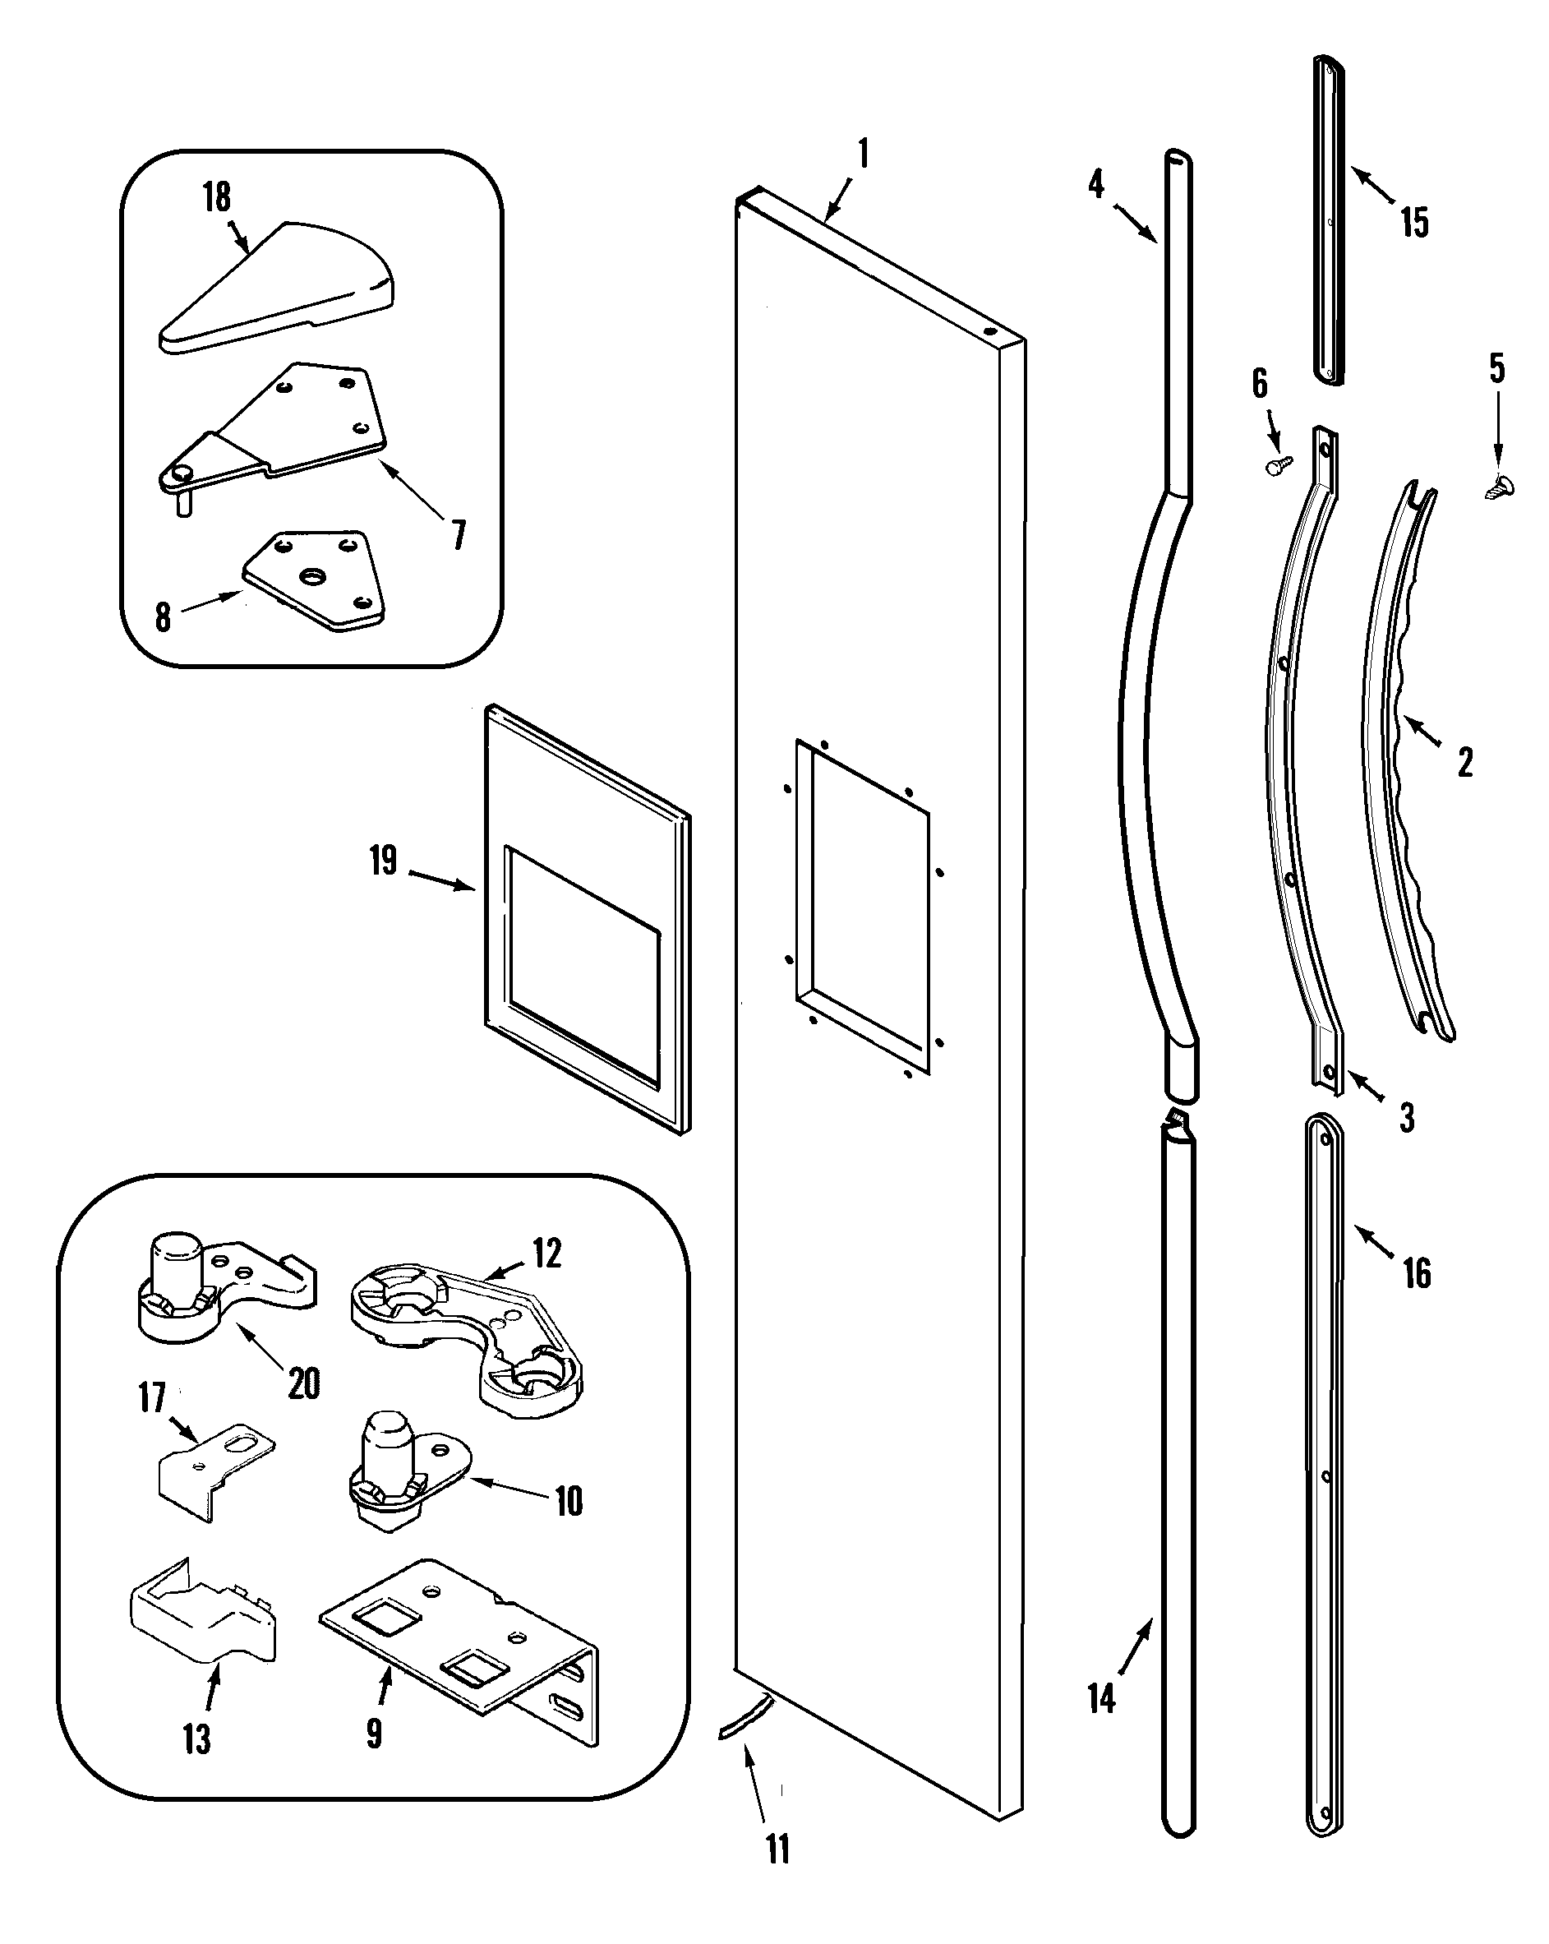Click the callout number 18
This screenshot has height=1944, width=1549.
click(x=216, y=196)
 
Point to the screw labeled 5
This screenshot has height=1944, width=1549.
click(x=1500, y=487)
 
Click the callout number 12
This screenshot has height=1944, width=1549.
click(x=547, y=1254)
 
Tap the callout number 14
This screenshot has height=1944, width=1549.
click(x=1102, y=1699)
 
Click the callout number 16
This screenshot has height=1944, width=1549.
click(x=1417, y=1273)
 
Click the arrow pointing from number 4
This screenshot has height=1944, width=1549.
click(x=1135, y=224)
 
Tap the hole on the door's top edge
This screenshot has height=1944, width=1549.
click(x=989, y=332)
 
